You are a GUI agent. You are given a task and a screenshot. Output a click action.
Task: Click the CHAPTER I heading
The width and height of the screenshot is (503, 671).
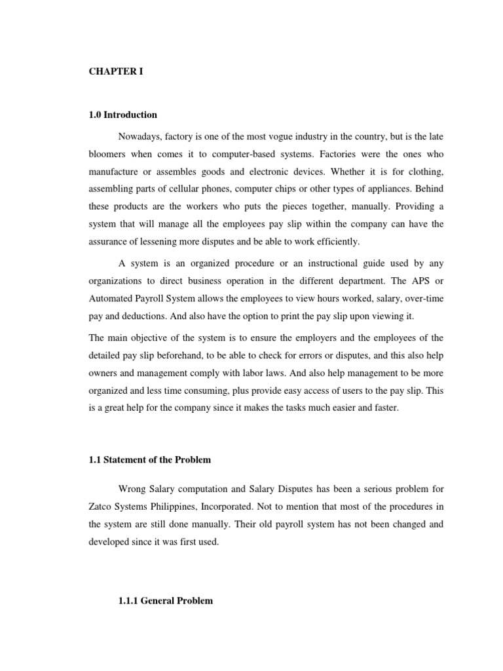[x=116, y=72]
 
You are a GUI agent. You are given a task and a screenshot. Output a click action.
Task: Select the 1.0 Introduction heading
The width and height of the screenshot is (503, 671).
[x=123, y=115]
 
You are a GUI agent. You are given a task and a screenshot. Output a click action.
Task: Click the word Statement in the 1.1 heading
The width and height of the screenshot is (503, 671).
[x=127, y=460]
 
